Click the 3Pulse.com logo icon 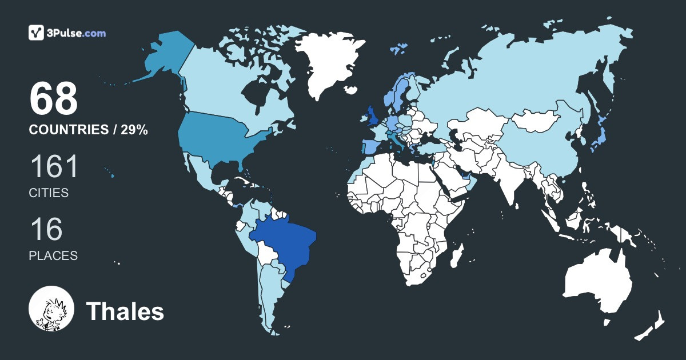[x=37, y=33]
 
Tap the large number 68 [x=53, y=98]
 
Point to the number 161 [x=53, y=167]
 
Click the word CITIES [x=49, y=193]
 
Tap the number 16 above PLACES [x=46, y=230]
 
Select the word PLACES [x=53, y=256]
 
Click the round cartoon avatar [x=51, y=309]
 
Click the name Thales [x=125, y=312]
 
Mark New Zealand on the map [x=652, y=326]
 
